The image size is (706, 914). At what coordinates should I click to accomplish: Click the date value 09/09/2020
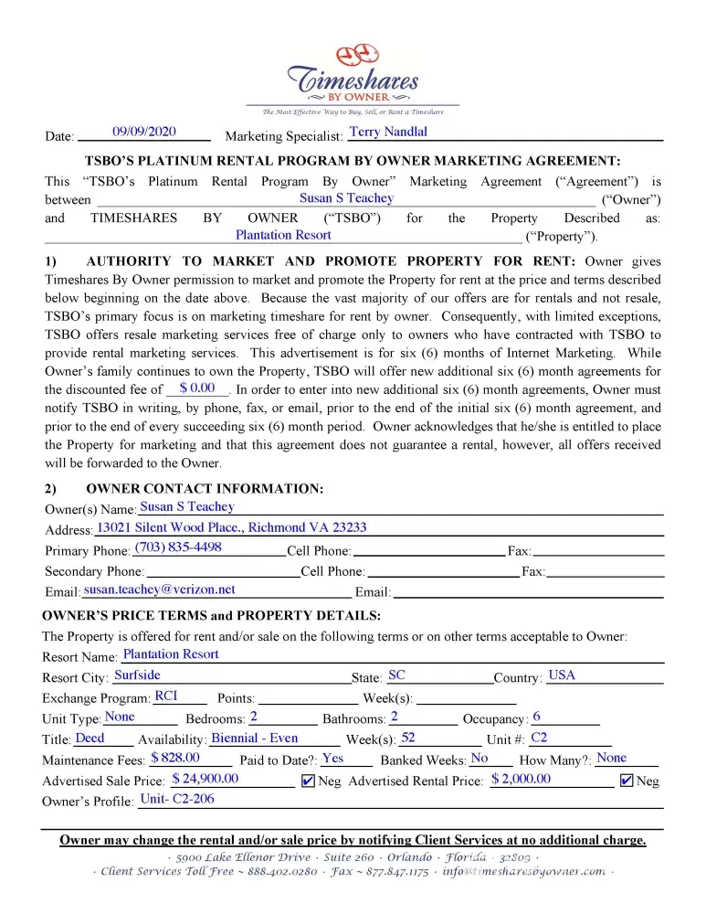point(144,132)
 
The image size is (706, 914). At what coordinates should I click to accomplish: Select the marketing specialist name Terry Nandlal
point(388,132)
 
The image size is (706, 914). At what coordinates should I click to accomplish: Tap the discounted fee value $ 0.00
point(197,388)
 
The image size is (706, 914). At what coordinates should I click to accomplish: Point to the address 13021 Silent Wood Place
point(232,527)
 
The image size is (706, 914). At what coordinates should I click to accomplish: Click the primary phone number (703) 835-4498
point(178,547)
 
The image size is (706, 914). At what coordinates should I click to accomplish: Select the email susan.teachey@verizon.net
point(159,590)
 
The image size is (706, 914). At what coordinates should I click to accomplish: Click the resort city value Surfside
point(137,675)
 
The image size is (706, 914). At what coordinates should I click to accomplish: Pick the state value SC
point(396,675)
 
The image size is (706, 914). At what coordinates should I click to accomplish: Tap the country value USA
point(562,675)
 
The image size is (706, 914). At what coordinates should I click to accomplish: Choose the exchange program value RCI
point(166,696)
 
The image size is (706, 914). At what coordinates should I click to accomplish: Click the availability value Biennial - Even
point(254,738)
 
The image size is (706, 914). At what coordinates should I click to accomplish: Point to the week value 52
point(408,738)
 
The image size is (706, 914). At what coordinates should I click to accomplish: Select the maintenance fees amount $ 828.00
point(175,758)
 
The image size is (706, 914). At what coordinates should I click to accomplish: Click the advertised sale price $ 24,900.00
point(205,779)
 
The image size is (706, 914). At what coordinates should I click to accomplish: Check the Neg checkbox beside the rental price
point(627,781)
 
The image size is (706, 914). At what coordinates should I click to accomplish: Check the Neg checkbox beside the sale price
point(308,781)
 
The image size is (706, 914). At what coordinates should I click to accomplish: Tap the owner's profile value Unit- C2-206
point(177,800)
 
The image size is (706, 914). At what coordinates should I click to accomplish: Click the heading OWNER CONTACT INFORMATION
point(205,489)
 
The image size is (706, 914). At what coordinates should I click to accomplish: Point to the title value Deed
point(90,738)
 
